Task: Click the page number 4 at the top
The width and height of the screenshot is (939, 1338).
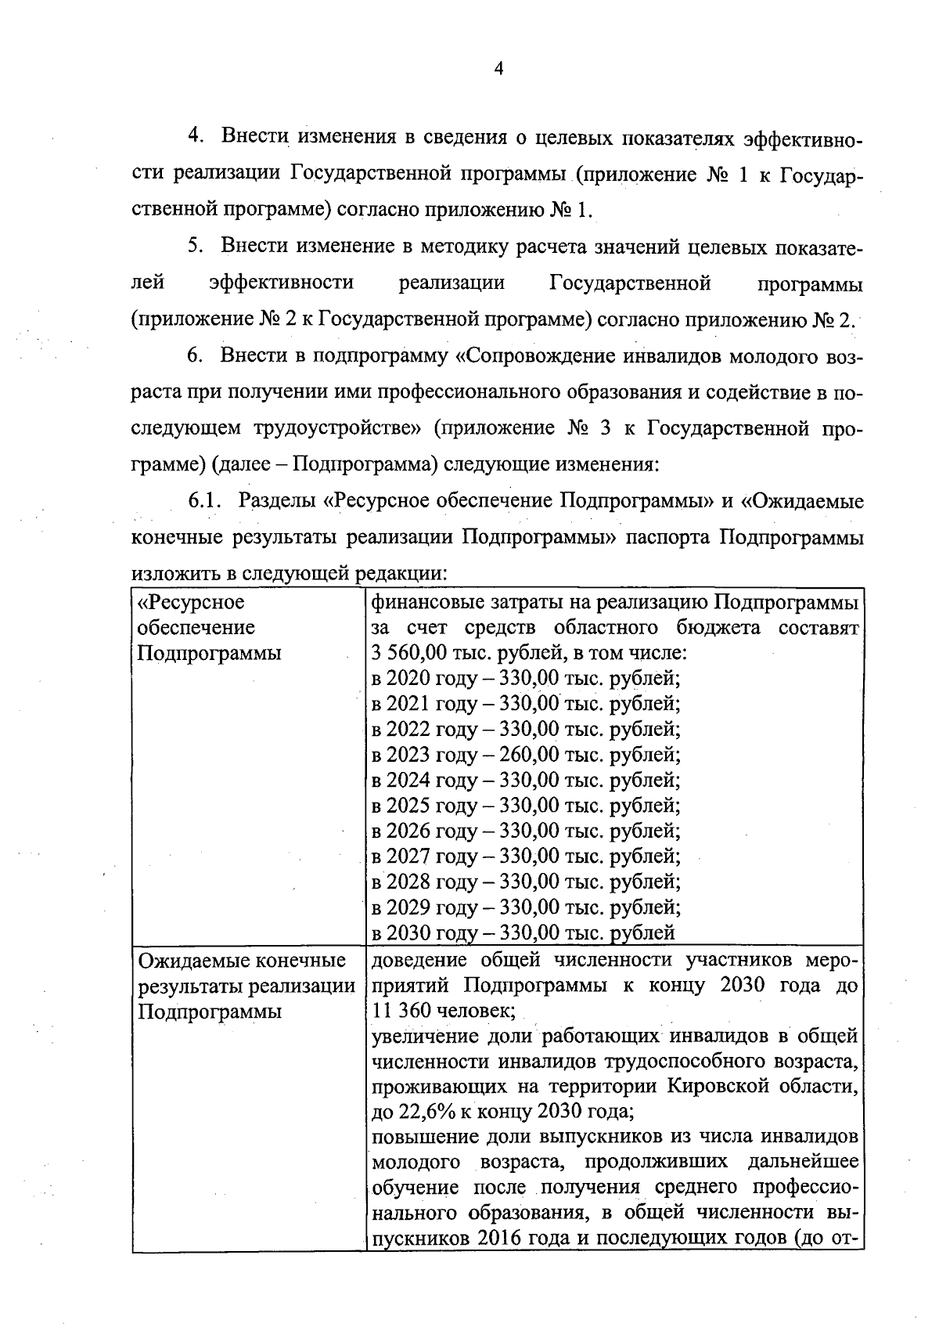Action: point(498,69)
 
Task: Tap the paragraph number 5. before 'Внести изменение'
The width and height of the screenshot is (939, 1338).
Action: point(195,245)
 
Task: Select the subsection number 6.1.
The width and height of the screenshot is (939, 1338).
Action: point(206,500)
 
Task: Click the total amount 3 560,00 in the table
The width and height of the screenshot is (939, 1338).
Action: point(409,653)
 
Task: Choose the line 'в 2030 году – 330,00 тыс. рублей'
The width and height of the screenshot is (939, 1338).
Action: point(523,932)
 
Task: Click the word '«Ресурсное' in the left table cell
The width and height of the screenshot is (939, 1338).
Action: point(191,602)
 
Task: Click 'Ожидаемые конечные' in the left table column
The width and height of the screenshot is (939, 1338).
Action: point(242,960)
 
